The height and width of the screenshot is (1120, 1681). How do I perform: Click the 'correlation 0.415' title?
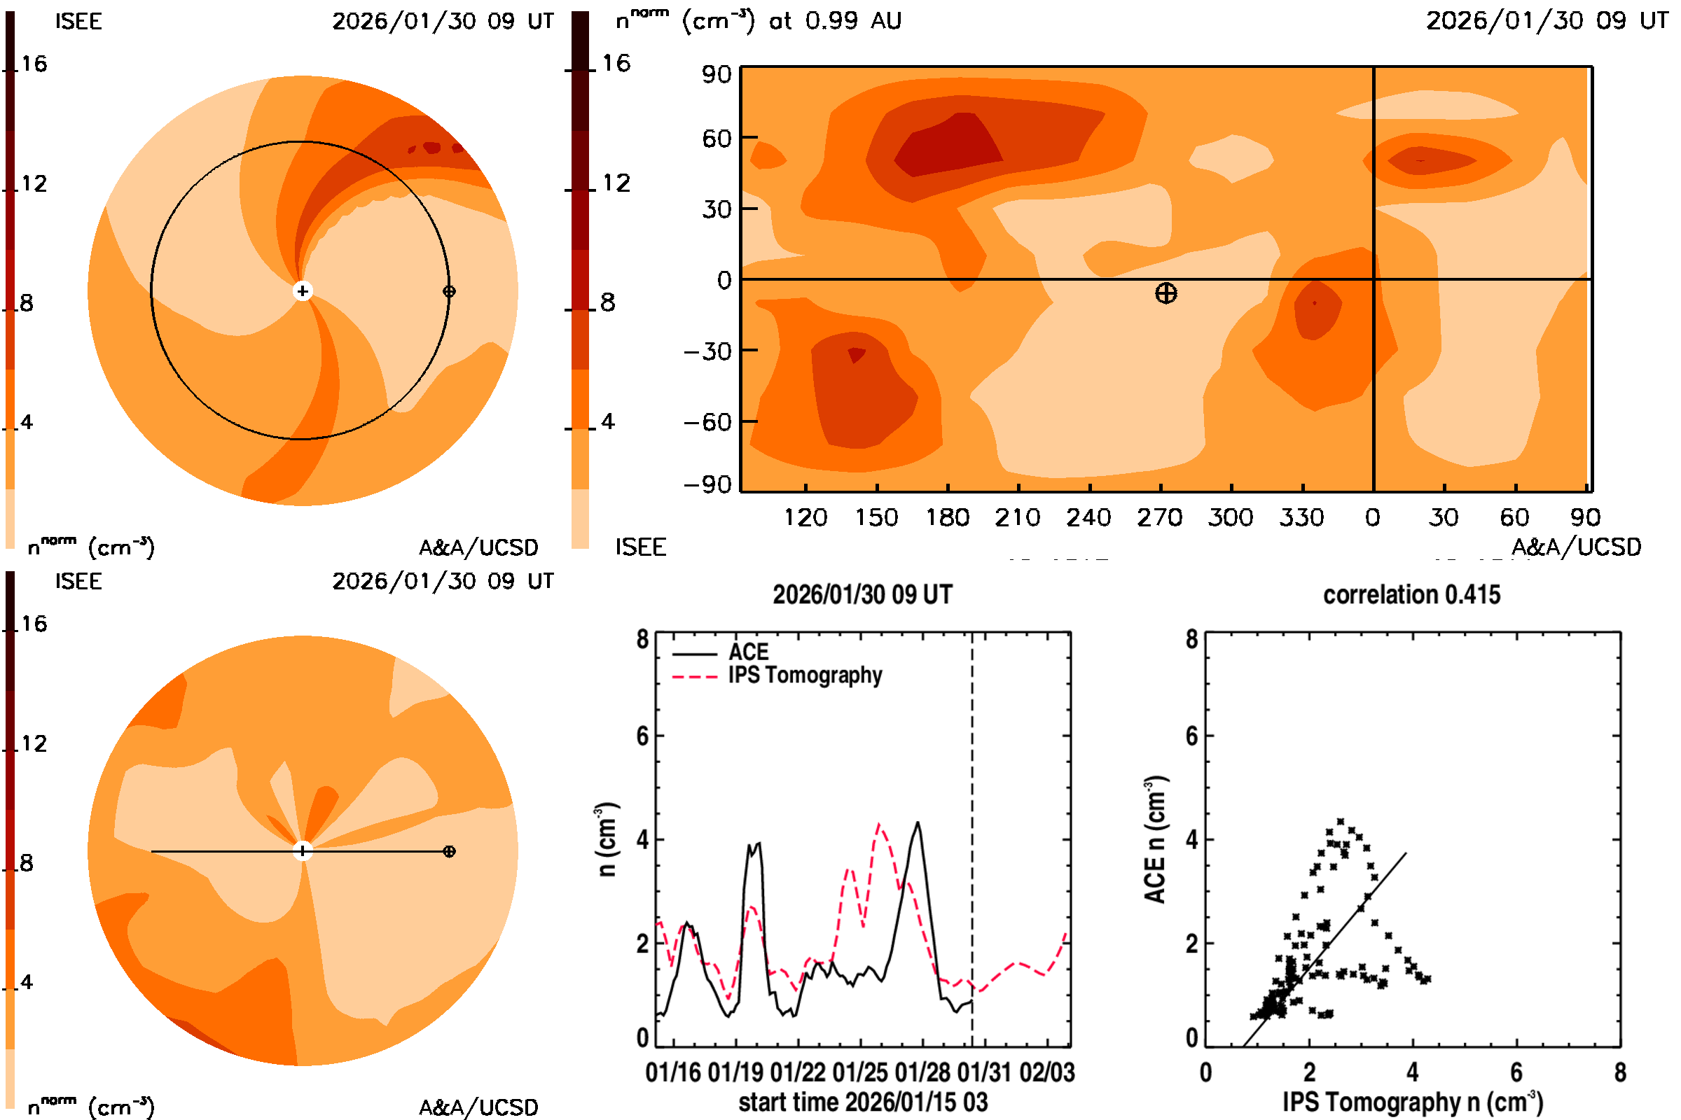1411,595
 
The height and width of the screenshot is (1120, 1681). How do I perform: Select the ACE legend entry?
747,652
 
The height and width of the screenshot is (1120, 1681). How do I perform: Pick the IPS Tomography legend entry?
805,675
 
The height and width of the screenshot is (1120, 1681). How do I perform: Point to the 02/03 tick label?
1047,1072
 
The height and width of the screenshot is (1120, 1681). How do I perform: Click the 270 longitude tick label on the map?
1159,517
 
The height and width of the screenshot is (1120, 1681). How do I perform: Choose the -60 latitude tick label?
707,422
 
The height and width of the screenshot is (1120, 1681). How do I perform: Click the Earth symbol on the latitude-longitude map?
1165,293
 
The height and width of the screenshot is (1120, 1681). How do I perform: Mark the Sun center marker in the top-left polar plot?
303,291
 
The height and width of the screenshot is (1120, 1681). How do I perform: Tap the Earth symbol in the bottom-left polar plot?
449,851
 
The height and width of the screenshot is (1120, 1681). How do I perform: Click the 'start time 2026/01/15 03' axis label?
863,1102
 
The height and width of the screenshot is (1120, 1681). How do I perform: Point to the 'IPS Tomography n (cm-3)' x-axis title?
1412,1102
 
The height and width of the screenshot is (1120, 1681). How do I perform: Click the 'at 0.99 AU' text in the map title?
835,21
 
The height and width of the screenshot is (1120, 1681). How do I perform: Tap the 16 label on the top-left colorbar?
34,64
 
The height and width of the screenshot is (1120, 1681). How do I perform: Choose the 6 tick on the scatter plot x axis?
1516,1072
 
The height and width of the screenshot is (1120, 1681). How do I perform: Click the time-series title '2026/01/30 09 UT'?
863,595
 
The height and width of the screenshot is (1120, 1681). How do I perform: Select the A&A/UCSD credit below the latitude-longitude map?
1576,547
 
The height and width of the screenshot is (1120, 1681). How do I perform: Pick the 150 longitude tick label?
876,517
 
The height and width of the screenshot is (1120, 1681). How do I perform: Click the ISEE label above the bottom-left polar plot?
78,582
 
